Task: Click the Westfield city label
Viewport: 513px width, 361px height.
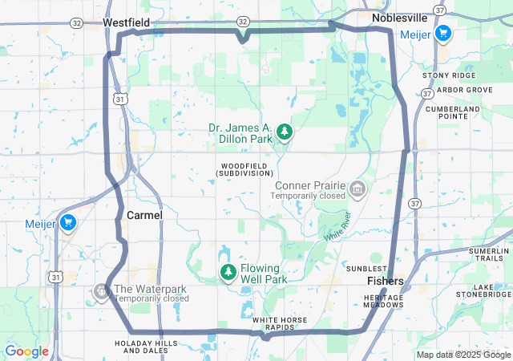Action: pyautogui.click(x=126, y=24)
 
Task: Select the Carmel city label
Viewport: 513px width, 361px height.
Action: pyautogui.click(x=144, y=216)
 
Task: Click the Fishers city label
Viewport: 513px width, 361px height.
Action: pyautogui.click(x=386, y=282)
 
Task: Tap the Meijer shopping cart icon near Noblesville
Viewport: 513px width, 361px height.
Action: pyautogui.click(x=443, y=33)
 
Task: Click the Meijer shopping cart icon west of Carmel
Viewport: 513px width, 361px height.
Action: pyautogui.click(x=68, y=223)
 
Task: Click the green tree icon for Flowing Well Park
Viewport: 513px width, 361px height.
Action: pyautogui.click(x=228, y=273)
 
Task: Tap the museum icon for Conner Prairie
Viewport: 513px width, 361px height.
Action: pyautogui.click(x=357, y=189)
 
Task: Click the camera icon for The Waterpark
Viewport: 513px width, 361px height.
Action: pyautogui.click(x=102, y=291)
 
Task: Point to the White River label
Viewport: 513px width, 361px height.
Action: pyautogui.click(x=337, y=226)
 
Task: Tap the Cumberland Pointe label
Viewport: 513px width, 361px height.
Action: pyautogui.click(x=453, y=112)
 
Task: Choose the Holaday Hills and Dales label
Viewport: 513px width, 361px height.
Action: pyautogui.click(x=146, y=347)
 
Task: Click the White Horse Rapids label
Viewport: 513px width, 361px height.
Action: pyautogui.click(x=281, y=323)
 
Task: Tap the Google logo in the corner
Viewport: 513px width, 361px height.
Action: pyautogui.click(x=26, y=351)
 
